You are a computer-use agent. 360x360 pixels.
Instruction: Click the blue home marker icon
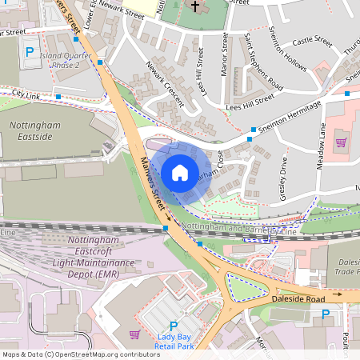(x=180, y=172)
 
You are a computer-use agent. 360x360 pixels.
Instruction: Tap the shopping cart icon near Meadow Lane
(x=342, y=142)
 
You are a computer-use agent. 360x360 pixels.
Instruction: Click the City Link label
(x=27, y=94)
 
